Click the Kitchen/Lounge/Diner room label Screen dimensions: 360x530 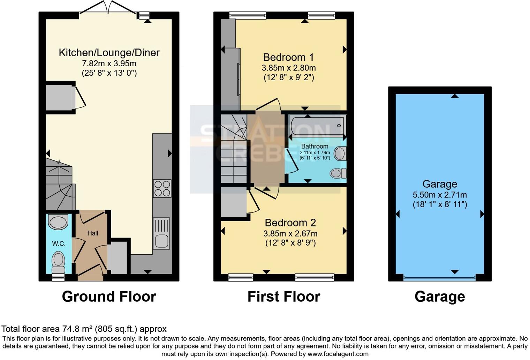coord(109,53)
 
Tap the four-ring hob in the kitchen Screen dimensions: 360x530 coord(162,188)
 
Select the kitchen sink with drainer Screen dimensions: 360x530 coord(161,233)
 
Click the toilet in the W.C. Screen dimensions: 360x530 coord(58,262)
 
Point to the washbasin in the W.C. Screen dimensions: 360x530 coord(58,222)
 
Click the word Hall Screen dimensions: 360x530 coord(93,233)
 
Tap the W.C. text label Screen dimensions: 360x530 coord(59,243)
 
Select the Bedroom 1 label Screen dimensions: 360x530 coord(288,57)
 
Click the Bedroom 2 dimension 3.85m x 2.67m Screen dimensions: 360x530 coord(290,233)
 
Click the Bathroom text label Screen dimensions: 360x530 coord(315,146)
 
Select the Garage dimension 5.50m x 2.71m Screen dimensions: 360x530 coord(440,195)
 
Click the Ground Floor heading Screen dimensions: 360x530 coord(109,297)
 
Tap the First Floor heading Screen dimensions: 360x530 coord(283,297)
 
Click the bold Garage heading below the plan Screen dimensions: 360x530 coord(440,297)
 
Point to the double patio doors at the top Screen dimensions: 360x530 coord(107,8)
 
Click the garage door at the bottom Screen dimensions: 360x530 coord(439,278)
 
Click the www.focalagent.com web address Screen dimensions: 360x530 coord(337,354)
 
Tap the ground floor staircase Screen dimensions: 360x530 coord(59,185)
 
